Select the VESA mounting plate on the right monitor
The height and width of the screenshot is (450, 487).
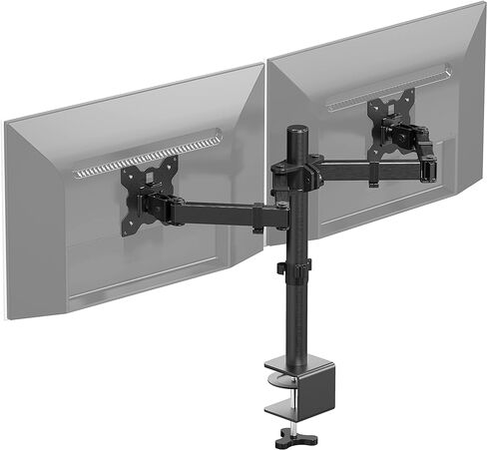point(389,122)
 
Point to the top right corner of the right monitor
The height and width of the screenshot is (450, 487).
point(484,6)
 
